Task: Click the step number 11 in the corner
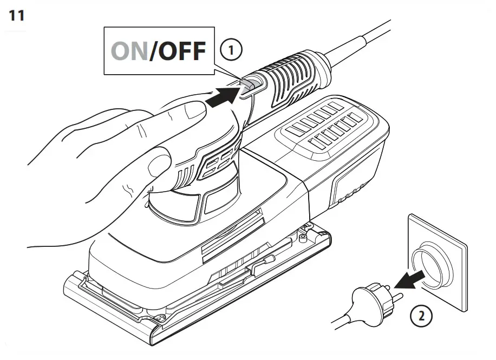pyautogui.click(x=16, y=15)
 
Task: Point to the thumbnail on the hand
pyautogui.click(x=192, y=112)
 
